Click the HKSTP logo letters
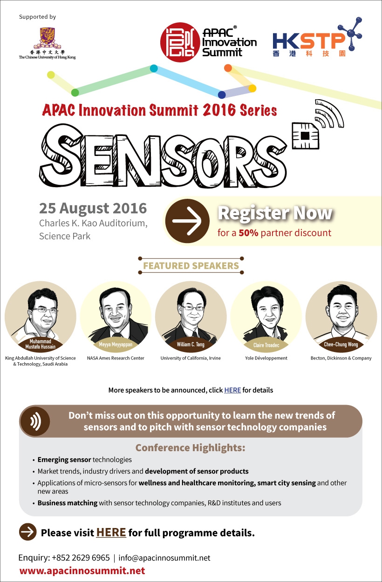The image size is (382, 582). pos(308,41)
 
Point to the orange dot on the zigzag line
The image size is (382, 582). pos(228,68)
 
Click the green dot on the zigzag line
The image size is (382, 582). pos(75,93)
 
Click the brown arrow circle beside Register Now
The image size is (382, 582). pos(187,221)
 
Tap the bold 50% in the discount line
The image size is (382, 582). pos(248,233)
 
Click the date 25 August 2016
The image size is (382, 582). pos(93,209)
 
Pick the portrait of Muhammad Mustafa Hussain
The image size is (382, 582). pos(41,317)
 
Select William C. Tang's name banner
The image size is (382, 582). pos(191,345)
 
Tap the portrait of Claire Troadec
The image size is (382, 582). pos(266,317)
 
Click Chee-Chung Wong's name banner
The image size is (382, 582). pos(341,345)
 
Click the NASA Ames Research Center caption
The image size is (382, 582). pos(116,358)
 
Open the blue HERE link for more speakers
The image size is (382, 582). pos(232,390)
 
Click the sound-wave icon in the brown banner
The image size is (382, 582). pos(35,421)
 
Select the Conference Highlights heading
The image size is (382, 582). pos(191,447)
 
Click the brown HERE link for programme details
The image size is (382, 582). pos(111,532)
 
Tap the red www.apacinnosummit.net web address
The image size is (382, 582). pos(82,570)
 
